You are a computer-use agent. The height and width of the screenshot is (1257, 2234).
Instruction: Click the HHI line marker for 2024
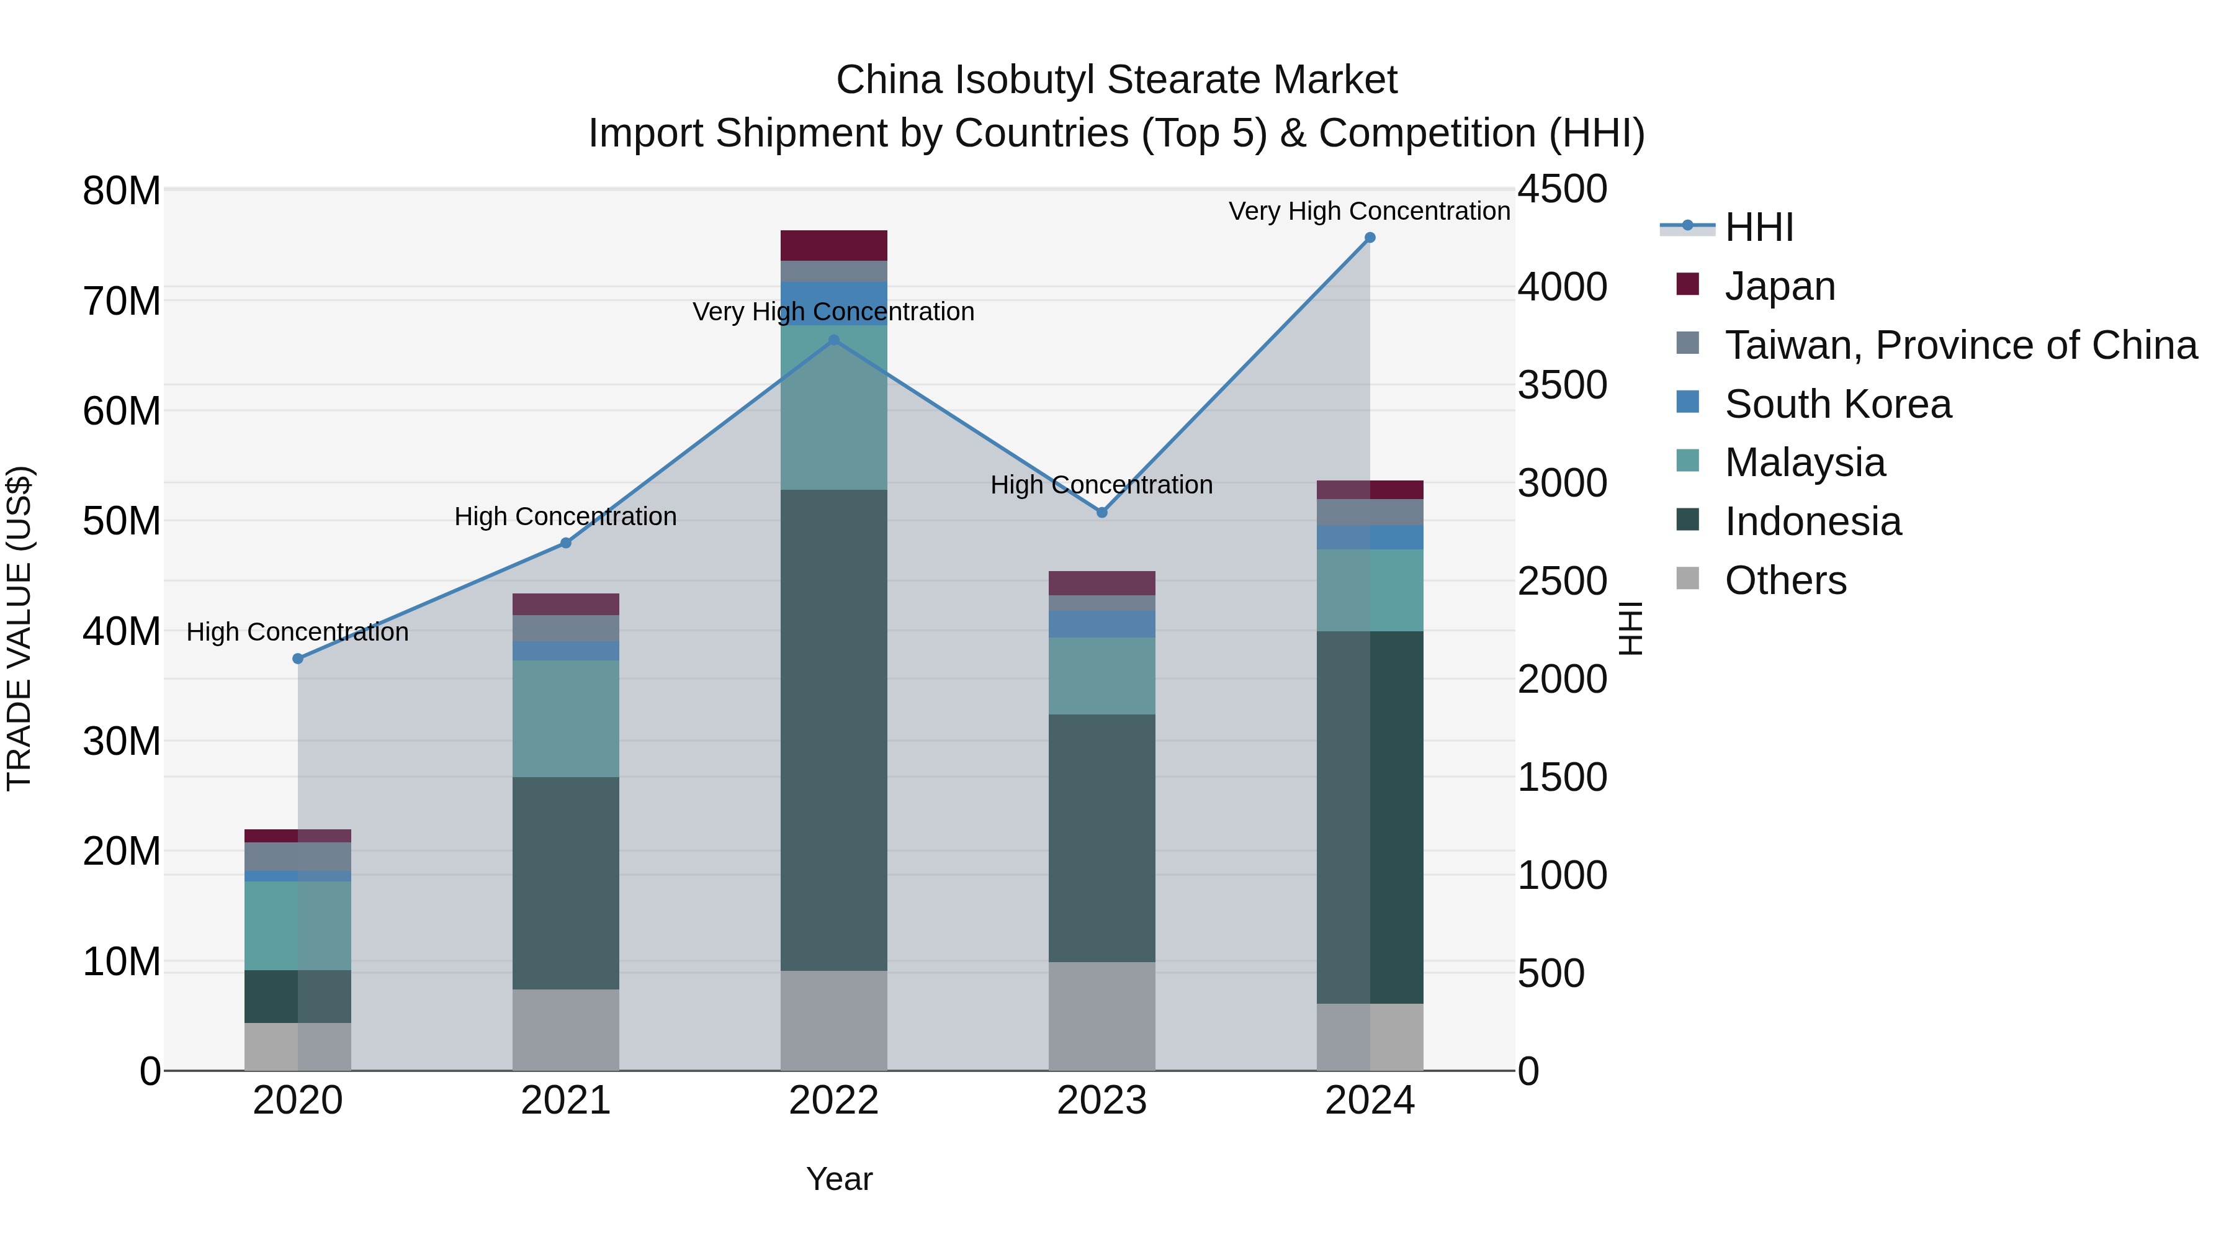pos(1370,238)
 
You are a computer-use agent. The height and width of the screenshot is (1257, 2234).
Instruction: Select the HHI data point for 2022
pos(833,340)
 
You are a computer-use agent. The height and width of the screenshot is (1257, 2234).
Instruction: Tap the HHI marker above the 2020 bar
pos(297,659)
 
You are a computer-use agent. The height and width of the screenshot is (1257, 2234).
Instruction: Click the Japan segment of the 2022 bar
pos(833,245)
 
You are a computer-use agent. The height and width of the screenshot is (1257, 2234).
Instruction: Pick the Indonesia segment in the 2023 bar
pos(1101,837)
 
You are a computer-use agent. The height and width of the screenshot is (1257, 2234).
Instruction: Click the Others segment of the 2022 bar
pos(833,1019)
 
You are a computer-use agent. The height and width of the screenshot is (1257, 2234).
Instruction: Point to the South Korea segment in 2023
pos(1101,624)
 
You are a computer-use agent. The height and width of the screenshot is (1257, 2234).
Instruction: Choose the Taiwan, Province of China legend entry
pos(1960,345)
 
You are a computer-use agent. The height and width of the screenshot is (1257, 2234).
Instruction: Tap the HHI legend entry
pos(1758,227)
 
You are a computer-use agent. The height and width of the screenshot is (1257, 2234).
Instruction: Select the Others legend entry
pos(1785,580)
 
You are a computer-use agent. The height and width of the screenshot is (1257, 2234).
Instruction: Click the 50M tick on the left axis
pos(122,521)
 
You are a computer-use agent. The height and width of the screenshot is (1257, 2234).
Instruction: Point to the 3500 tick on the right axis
pos(1562,385)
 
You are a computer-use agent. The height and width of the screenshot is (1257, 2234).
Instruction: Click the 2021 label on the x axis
pos(565,1101)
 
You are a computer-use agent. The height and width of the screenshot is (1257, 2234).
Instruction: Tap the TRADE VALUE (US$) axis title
pos(19,628)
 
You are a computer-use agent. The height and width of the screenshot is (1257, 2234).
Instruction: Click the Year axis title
pos(838,1179)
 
